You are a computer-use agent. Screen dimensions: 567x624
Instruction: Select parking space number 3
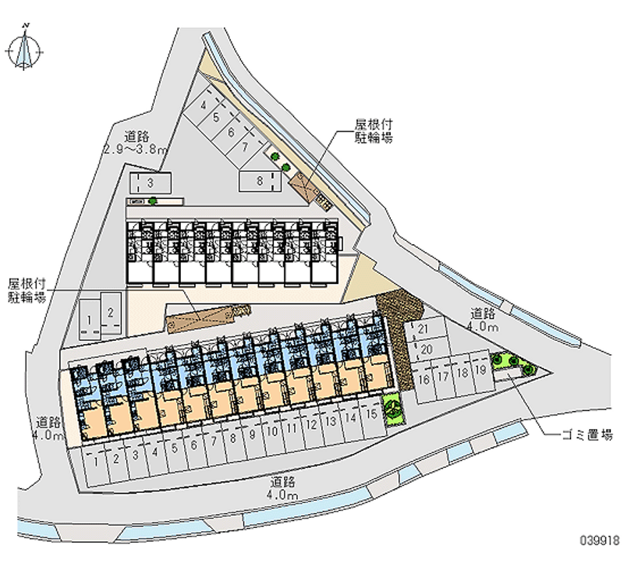point(148,183)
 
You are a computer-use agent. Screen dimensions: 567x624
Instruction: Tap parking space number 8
point(260,181)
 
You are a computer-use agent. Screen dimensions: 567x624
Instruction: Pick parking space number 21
point(424,329)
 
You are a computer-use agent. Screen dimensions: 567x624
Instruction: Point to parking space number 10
point(272,431)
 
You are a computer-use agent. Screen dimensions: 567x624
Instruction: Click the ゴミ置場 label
point(586,435)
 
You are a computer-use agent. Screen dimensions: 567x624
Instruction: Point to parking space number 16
point(424,380)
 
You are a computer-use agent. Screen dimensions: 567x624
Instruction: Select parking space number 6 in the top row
point(231,132)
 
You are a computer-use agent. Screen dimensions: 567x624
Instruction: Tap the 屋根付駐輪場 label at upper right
point(374,131)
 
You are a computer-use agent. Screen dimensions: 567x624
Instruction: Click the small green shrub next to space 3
point(154,201)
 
